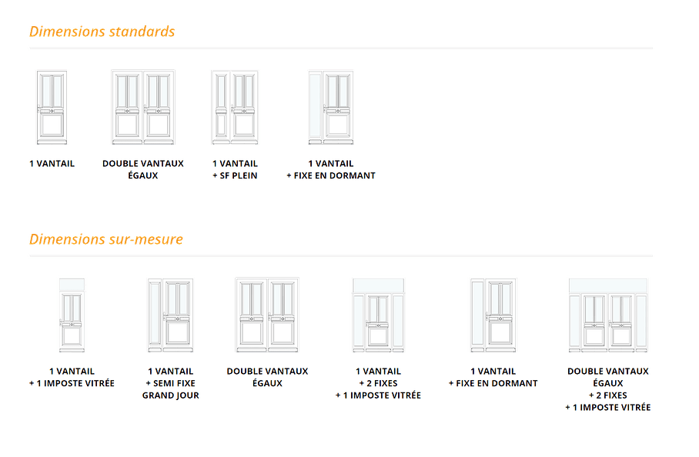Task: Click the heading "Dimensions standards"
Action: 102,32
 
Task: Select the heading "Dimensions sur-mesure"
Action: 105,239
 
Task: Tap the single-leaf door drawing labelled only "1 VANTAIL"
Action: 52,107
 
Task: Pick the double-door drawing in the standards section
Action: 143,107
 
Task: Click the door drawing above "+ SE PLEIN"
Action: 234,107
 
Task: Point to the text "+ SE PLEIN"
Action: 234,176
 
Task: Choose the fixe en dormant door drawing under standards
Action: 331,107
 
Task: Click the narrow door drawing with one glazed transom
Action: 72,314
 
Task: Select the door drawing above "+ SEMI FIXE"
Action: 170,314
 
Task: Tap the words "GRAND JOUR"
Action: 170,395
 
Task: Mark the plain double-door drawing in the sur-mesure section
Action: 266,314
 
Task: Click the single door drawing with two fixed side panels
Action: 378,314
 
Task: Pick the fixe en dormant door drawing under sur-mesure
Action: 493,314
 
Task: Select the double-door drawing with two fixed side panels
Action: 608,314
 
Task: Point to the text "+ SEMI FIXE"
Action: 170,383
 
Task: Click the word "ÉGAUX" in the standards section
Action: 143,176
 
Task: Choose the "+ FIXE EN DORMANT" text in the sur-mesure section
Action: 493,383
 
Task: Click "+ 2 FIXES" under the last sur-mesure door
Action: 608,395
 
